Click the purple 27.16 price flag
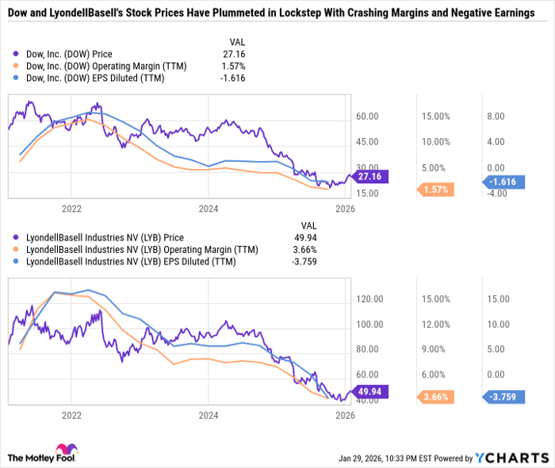(x=369, y=177)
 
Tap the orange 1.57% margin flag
(x=435, y=190)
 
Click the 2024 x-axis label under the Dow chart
(x=209, y=209)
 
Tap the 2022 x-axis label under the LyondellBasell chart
(x=72, y=414)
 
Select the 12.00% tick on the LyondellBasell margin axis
(x=436, y=324)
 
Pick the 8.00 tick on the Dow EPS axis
(x=496, y=117)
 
